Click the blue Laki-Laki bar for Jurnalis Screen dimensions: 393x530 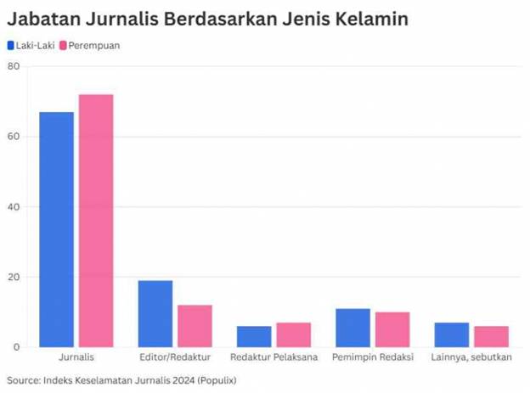pyautogui.click(x=56, y=229)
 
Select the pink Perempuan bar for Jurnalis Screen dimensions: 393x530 pyautogui.click(x=96, y=221)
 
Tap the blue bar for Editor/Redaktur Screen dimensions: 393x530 pyautogui.click(x=155, y=313)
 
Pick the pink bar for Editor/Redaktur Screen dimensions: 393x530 pyautogui.click(x=195, y=325)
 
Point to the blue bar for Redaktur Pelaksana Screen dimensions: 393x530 pyautogui.click(x=253, y=336)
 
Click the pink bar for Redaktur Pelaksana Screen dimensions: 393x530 pyautogui.click(x=293, y=334)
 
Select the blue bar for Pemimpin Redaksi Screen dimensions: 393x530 pyautogui.click(x=352, y=328)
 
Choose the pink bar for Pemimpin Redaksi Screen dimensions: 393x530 pyautogui.click(x=392, y=329)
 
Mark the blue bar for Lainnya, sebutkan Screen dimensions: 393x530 pyautogui.click(x=451, y=334)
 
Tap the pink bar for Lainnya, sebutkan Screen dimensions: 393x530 pyautogui.click(x=491, y=336)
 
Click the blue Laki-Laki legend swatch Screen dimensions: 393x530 pyautogui.click(x=10, y=45)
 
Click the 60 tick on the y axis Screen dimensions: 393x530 pyautogui.click(x=14, y=137)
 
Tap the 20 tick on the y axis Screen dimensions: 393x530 pyautogui.click(x=14, y=277)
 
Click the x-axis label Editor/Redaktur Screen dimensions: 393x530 pyautogui.click(x=175, y=357)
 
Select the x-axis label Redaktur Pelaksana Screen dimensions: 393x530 pyautogui.click(x=273, y=357)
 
